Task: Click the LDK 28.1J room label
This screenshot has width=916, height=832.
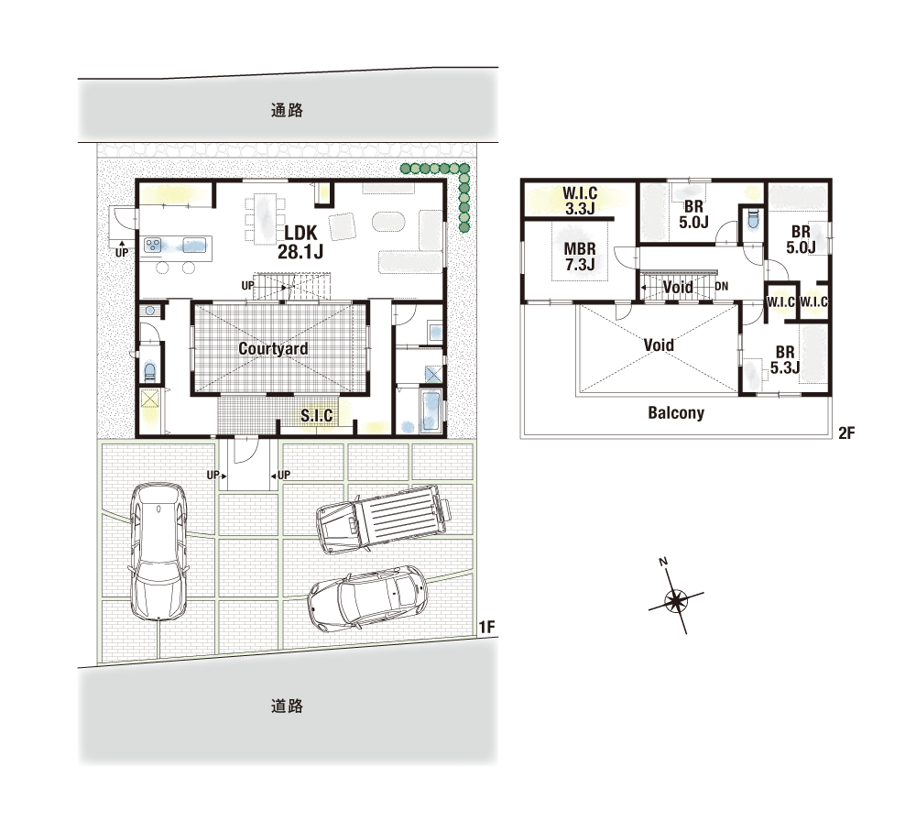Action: (300, 242)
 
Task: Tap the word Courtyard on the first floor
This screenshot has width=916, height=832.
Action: (273, 349)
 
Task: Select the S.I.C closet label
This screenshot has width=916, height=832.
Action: (317, 415)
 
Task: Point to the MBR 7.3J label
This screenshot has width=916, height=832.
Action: (580, 257)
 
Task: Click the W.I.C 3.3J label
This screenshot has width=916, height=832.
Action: (580, 201)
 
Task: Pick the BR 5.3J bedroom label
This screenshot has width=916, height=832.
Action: (785, 360)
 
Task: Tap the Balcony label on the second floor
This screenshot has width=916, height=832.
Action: (676, 413)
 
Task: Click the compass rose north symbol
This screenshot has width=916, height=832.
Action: (676, 599)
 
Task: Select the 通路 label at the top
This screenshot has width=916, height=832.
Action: (287, 110)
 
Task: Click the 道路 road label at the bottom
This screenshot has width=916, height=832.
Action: (287, 706)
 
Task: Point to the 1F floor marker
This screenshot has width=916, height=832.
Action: (486, 627)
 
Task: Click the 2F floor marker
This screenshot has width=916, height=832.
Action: (846, 432)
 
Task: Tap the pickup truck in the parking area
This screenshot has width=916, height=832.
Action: (383, 519)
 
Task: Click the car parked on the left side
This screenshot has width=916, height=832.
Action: (158, 552)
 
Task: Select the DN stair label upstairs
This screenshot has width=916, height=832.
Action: (722, 286)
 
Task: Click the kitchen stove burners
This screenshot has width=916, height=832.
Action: (154, 245)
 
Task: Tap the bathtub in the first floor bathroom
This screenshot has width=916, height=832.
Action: (431, 412)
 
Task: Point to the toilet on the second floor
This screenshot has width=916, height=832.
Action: (752, 220)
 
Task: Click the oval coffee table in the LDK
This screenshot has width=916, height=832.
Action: (388, 222)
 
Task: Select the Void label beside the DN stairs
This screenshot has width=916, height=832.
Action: (678, 287)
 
